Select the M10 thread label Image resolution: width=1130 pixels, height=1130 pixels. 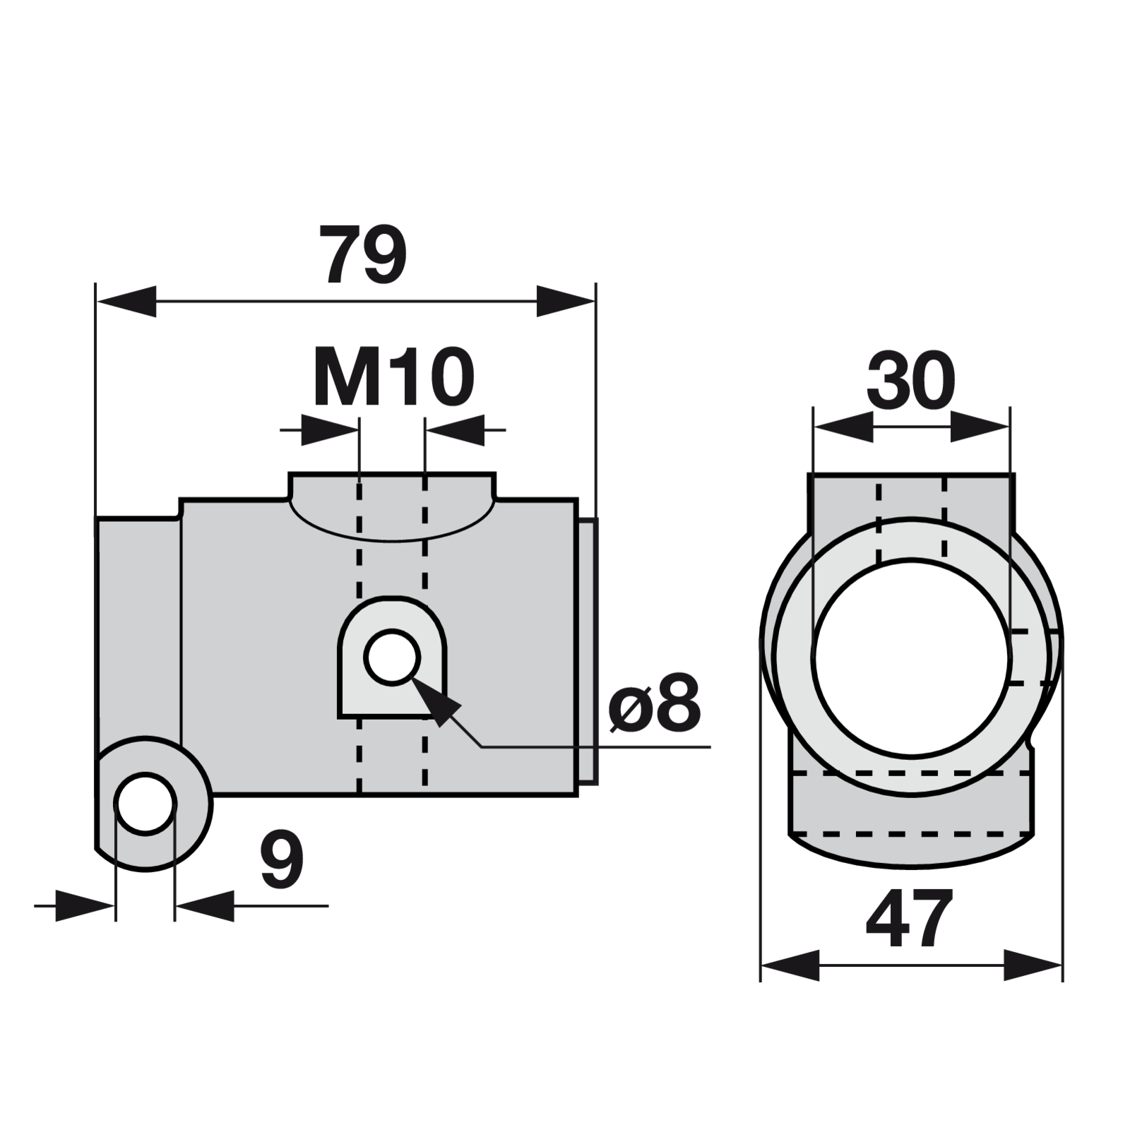click(x=393, y=377)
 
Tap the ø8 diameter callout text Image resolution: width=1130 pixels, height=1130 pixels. click(x=655, y=703)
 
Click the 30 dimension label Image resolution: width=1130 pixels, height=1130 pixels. click(x=911, y=380)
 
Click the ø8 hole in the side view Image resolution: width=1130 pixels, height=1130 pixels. click(x=392, y=658)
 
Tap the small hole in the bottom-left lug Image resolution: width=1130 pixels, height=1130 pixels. click(x=145, y=804)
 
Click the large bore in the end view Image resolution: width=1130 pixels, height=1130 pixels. click(x=912, y=657)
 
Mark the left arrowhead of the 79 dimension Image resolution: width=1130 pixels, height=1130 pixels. click(x=126, y=302)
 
